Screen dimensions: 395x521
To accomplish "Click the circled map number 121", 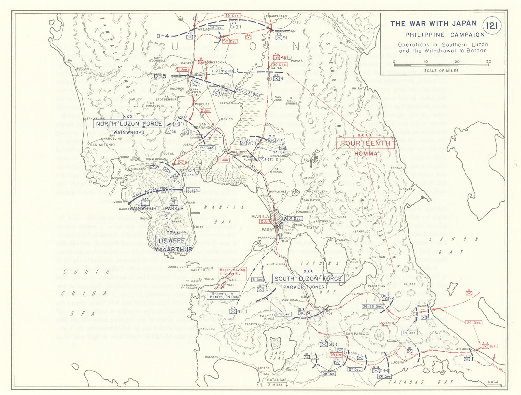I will click(x=492, y=26).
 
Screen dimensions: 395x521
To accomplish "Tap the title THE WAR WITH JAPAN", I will click(x=433, y=24).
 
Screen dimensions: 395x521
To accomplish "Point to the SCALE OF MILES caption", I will click(x=441, y=71).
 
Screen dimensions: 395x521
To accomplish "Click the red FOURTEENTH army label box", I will click(x=365, y=143).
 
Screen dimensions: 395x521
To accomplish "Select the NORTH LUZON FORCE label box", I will click(x=129, y=124).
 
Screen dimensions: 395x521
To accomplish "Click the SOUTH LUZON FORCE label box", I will click(x=308, y=279).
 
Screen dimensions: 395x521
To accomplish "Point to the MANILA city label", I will click(x=260, y=216).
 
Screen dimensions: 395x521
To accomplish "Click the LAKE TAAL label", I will click(x=279, y=355).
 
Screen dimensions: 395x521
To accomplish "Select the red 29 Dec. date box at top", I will click(x=232, y=16).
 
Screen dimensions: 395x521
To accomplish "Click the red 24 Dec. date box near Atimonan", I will click(x=473, y=323).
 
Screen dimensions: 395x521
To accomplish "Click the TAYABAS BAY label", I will click(x=423, y=382).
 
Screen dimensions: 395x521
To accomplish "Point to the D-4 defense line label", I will click(x=162, y=36).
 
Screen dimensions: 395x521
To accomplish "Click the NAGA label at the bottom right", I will click(x=493, y=382).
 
